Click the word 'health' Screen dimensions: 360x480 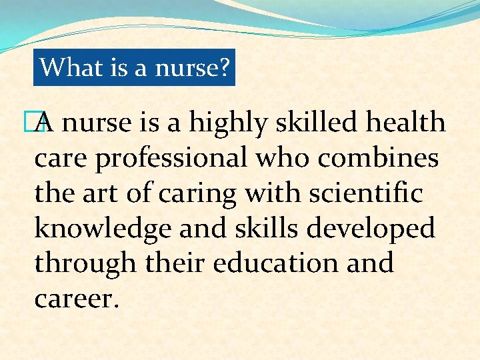click(x=407, y=123)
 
